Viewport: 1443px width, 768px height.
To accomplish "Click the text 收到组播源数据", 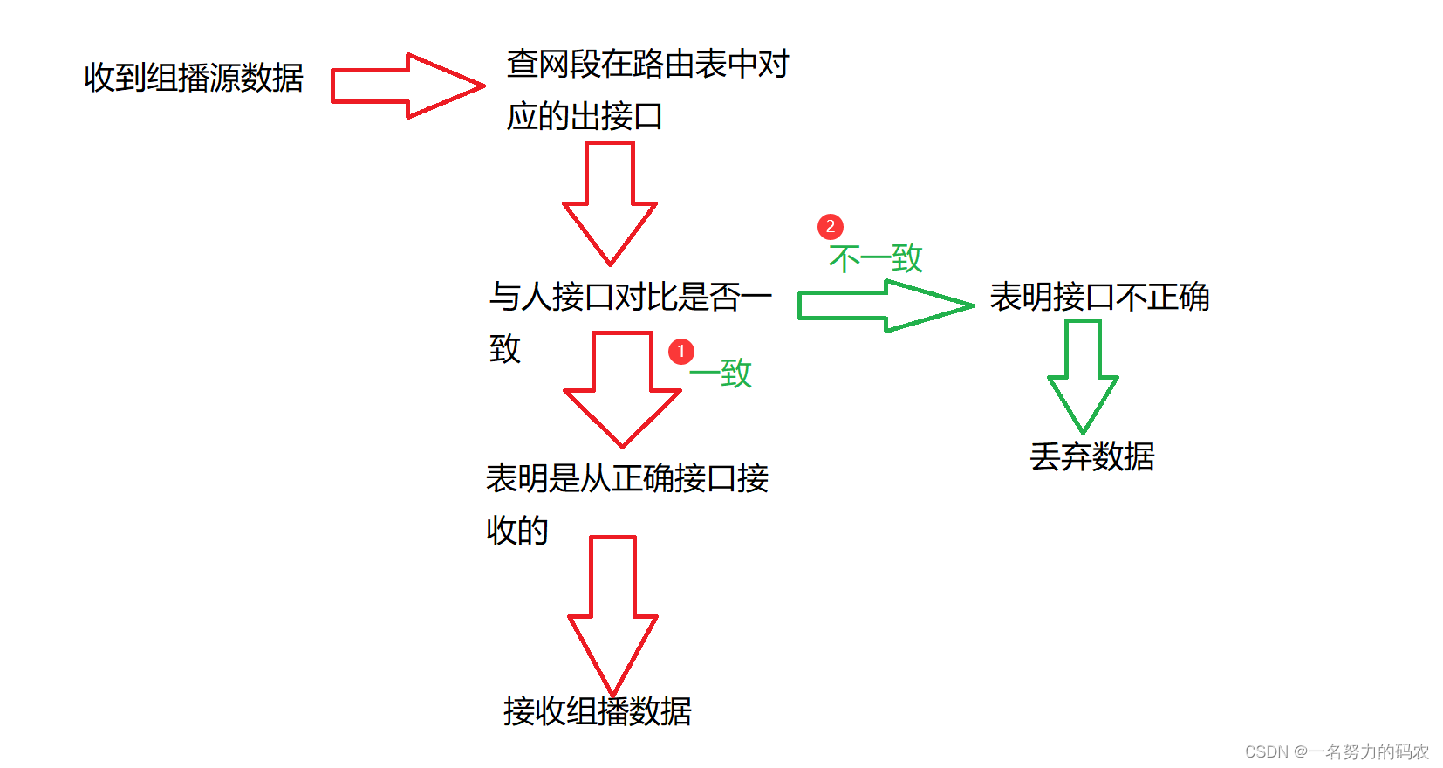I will [194, 78].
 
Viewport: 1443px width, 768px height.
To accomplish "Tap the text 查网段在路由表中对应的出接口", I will [646, 89].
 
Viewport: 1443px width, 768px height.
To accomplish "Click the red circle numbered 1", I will [681, 352].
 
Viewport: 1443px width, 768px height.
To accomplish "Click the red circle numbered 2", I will [831, 227].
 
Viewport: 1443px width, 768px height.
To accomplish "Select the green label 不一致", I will [875, 258].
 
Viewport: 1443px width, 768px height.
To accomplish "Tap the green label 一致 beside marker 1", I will [721, 374].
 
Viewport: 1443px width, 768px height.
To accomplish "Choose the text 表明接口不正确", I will [1099, 298].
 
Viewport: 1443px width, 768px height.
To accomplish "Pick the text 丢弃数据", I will [1092, 456].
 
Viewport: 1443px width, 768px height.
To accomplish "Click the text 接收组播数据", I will [598, 711].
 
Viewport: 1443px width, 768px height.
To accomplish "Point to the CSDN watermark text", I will [1337, 751].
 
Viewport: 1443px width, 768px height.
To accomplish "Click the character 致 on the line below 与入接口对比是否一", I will [505, 349].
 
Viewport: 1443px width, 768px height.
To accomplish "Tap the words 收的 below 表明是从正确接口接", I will [517, 531].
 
